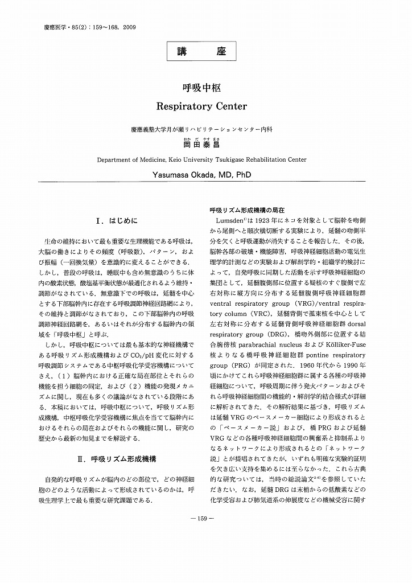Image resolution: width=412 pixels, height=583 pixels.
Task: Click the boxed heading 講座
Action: click(205, 52)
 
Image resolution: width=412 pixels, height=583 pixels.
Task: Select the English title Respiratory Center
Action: click(205, 105)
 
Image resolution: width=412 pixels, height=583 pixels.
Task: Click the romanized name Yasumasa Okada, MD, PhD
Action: click(205, 175)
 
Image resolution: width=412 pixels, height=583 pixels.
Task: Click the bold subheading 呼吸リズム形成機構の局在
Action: click(247, 210)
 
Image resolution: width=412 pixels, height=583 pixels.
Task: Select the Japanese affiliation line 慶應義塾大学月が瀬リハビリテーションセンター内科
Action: click(205, 130)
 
